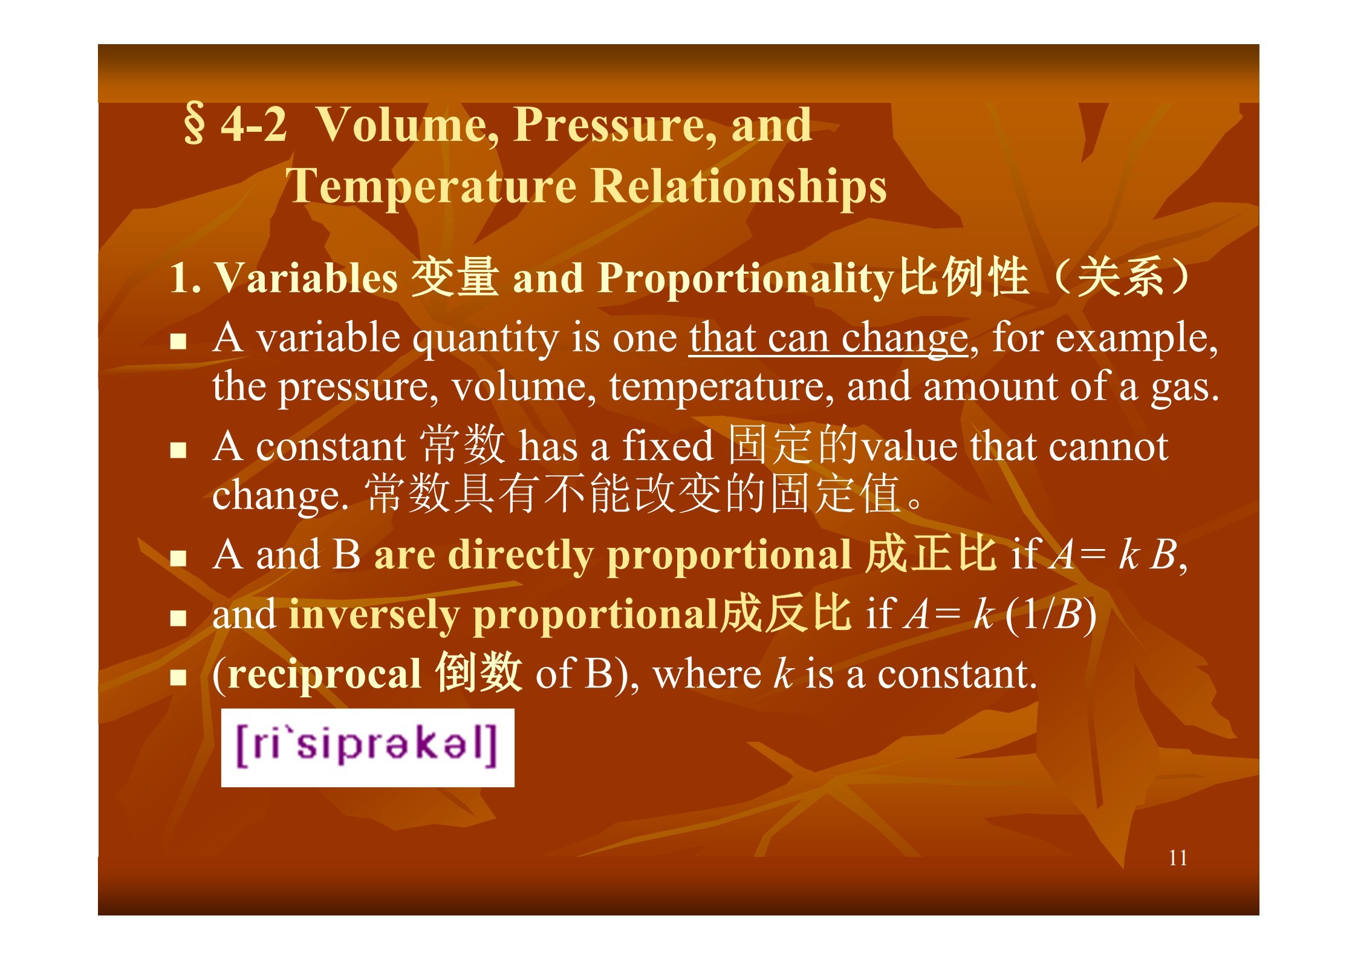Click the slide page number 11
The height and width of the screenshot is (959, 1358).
pos(1178,858)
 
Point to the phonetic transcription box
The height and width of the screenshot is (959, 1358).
pos(368,747)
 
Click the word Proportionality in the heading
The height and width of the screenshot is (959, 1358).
pos(746,279)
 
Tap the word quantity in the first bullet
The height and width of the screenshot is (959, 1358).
pos(486,339)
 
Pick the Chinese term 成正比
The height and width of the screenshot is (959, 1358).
pos(931,553)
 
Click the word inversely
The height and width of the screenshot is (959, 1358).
pos(374,615)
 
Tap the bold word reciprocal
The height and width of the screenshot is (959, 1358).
pos(325,674)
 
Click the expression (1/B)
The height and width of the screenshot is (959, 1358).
pos(1051,614)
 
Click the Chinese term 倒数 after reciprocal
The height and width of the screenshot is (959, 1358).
pos(478,672)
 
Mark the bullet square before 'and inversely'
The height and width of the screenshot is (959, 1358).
pos(178,618)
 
